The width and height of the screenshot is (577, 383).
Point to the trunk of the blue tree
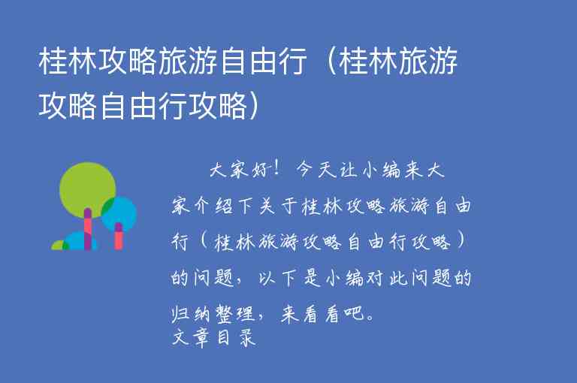pyautogui.click(x=118, y=236)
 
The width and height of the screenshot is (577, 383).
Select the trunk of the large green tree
pyautogui.click(x=87, y=230)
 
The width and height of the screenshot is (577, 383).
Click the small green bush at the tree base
pyautogui.click(x=59, y=245)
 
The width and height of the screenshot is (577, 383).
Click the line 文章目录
pyautogui.click(x=214, y=338)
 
